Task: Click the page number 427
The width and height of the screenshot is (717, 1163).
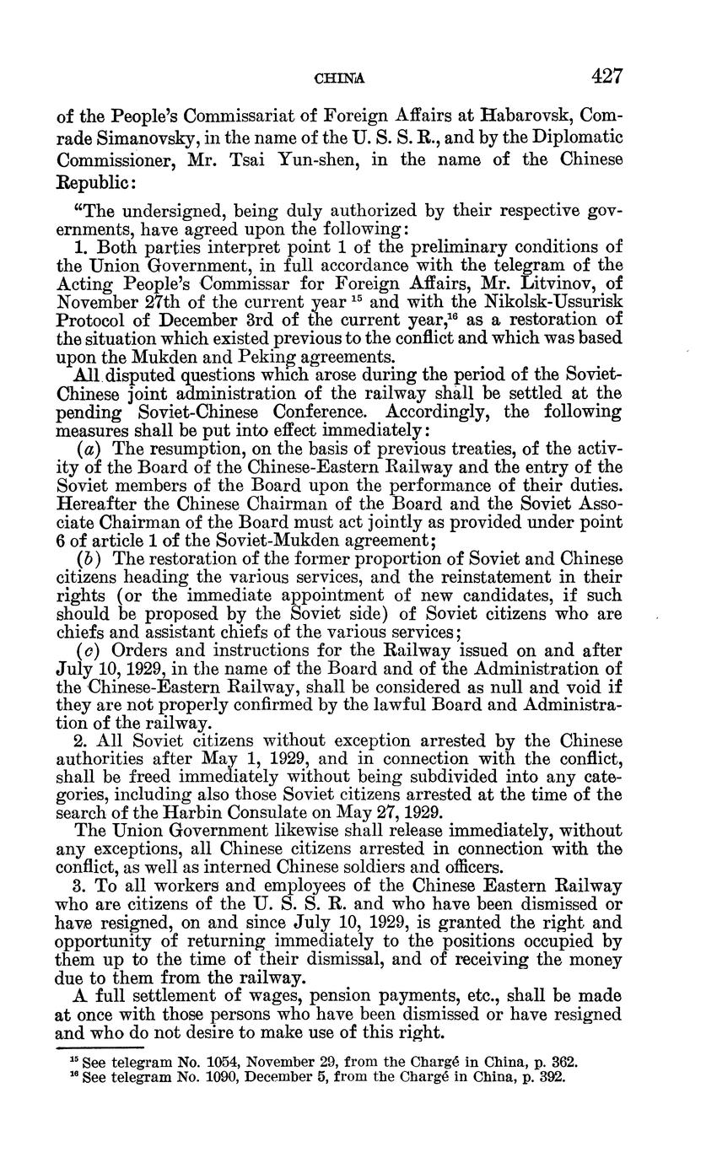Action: [x=606, y=77]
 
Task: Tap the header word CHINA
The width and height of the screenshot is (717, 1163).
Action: [x=339, y=79]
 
